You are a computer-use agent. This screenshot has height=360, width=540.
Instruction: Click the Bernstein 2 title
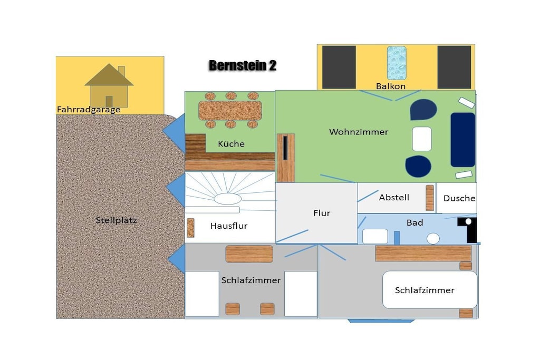click(243, 65)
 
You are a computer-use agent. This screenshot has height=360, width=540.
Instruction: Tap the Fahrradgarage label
click(89, 110)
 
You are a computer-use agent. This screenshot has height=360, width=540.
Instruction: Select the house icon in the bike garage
click(109, 85)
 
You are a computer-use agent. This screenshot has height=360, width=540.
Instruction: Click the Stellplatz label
click(117, 220)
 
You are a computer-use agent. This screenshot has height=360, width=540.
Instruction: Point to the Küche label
click(231, 144)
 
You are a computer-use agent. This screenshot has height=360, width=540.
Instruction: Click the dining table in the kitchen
click(230, 111)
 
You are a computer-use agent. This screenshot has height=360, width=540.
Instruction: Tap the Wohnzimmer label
click(359, 132)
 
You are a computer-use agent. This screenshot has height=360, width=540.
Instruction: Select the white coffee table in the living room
click(422, 139)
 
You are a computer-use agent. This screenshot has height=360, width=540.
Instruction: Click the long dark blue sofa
click(463, 140)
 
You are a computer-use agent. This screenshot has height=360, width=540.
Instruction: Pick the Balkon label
click(391, 86)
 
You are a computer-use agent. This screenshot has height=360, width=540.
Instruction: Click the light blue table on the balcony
click(397, 63)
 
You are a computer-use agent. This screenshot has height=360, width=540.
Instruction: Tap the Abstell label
click(394, 198)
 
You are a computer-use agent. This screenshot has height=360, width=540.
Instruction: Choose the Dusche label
click(459, 198)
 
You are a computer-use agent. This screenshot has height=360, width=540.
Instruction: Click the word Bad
click(414, 222)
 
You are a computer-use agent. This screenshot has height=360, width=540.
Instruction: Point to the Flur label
click(322, 213)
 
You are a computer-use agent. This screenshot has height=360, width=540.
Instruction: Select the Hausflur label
click(229, 226)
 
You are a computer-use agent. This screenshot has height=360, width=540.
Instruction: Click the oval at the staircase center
click(228, 199)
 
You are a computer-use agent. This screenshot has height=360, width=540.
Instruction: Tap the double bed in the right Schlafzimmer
click(430, 290)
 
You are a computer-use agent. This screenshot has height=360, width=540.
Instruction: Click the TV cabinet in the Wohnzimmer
click(286, 158)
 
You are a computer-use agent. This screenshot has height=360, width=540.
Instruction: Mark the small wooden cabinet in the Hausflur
click(190, 228)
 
